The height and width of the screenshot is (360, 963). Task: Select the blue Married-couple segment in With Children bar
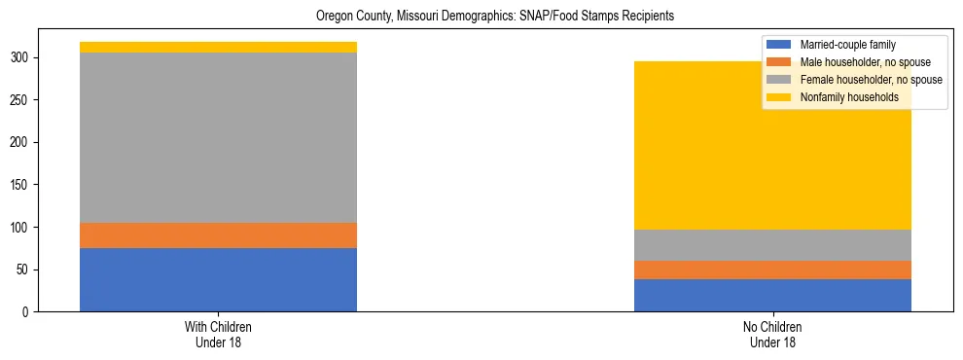coord(218,279)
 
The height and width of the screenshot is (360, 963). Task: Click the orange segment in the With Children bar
coord(218,234)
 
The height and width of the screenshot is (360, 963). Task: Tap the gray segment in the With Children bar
coord(218,137)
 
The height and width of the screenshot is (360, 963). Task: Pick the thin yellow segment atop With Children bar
coord(218,47)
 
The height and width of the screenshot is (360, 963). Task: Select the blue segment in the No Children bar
coord(772,295)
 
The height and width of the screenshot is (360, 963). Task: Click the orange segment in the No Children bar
coord(772,270)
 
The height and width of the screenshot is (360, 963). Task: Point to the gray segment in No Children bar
coord(772,244)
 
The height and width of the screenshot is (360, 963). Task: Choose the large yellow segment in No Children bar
coord(772,156)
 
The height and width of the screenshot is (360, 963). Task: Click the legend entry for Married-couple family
coord(847,45)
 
